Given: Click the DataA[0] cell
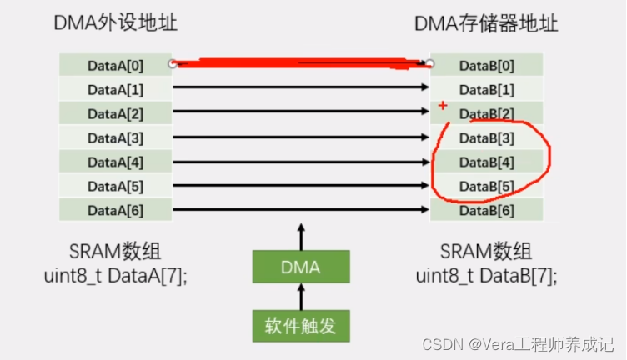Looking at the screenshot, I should tap(115, 65).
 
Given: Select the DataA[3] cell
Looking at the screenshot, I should tap(115, 137).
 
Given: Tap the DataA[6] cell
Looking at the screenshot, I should tap(115, 209).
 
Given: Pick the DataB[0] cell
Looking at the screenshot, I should tap(487, 65).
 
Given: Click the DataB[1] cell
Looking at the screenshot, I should tap(487, 89).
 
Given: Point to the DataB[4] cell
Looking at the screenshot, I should tap(487, 162).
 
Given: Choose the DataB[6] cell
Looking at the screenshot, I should tap(487, 209).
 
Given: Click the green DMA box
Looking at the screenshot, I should tap(301, 268).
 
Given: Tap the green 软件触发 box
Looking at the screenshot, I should tap(301, 326).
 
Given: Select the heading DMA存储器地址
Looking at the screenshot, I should tap(486, 24).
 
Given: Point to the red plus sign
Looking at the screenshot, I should tap(442, 106).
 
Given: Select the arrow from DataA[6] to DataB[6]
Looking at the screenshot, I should tap(300, 209).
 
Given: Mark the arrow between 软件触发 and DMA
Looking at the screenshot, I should tap(301, 297).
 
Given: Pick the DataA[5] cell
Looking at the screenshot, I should tap(115, 185).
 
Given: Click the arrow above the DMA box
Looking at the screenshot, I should tap(301, 236).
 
